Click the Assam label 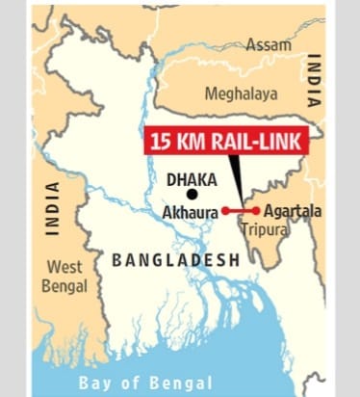(268, 45)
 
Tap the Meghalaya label (240, 93)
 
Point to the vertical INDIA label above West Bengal (53, 207)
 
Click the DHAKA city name (191, 178)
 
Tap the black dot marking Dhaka (192, 194)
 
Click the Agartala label (290, 210)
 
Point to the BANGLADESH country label (174, 259)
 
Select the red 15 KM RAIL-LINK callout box (225, 141)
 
